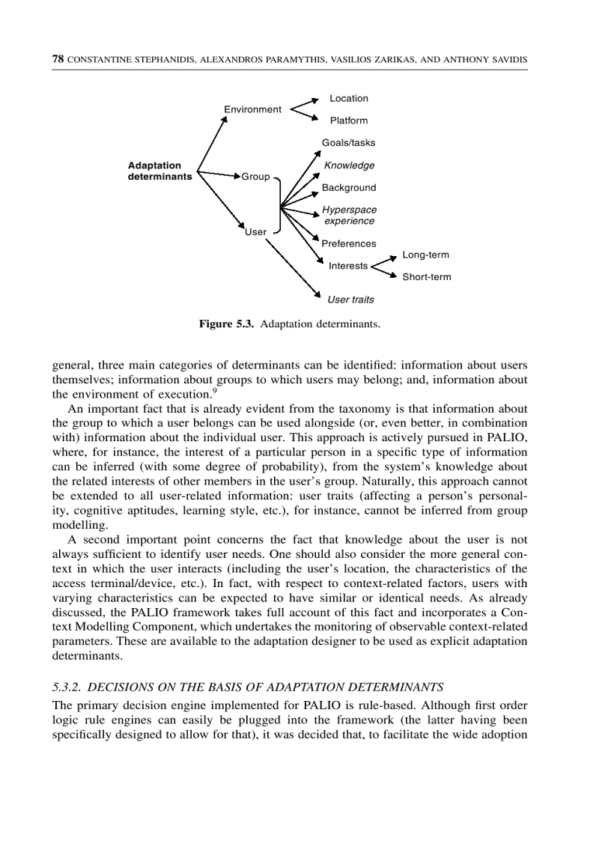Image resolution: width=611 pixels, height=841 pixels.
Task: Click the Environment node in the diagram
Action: [252, 109]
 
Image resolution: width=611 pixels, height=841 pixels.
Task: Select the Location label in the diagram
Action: [349, 98]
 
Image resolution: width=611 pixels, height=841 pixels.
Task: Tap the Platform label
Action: [349, 120]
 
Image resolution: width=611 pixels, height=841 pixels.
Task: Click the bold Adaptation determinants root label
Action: [159, 171]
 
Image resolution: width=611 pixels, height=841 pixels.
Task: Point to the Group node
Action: [255, 177]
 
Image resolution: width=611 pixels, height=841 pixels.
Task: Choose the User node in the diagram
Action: [256, 232]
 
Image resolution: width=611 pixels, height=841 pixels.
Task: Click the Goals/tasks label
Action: [348, 142]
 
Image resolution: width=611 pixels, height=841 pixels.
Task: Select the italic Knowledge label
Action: [349, 165]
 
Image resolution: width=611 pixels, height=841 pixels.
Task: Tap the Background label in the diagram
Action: [349, 187]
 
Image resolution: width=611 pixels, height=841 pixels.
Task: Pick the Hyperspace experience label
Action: [349, 215]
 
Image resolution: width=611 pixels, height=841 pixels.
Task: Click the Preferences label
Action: [349, 243]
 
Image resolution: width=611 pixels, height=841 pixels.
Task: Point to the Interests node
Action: [348, 266]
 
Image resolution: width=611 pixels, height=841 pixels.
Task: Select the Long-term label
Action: [425, 255]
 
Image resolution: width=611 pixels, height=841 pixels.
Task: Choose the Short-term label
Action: [427, 277]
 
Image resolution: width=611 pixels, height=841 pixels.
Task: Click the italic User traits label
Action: [350, 300]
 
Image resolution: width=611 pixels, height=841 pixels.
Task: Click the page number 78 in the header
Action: [58, 58]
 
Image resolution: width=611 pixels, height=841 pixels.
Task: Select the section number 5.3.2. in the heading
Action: [70, 686]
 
